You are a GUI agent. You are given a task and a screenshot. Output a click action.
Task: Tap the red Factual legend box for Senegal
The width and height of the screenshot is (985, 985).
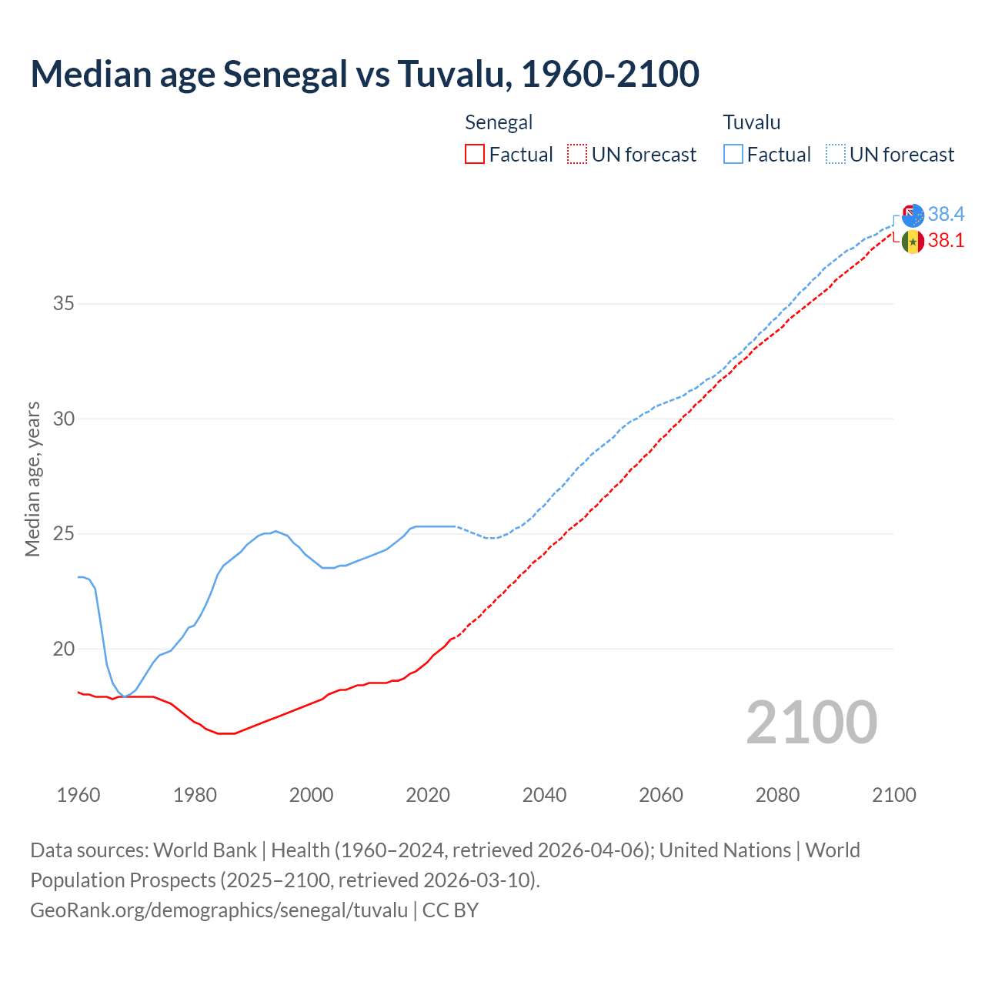pos(475,154)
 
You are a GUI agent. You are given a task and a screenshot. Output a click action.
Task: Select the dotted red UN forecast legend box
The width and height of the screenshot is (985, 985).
pos(577,154)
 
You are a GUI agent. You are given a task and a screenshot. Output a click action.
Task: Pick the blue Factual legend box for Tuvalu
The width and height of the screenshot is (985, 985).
pos(733,154)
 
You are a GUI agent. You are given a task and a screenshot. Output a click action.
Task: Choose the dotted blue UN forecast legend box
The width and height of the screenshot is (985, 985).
pos(835,154)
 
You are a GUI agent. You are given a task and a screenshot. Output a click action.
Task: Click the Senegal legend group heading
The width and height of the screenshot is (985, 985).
pos(499,122)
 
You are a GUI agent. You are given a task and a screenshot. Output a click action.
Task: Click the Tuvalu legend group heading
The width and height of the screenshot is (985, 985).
pos(752,122)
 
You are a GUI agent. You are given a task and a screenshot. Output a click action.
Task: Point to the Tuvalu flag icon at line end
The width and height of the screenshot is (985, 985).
pos(913,215)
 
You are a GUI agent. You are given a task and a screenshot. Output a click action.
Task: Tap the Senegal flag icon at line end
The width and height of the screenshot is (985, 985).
pos(913,242)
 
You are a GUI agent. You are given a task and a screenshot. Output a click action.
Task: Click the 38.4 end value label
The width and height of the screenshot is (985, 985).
pos(946,214)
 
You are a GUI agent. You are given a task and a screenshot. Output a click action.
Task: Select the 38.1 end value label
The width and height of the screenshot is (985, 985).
pos(946,241)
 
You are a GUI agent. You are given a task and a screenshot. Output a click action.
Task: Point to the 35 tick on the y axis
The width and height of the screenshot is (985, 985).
pos(64,303)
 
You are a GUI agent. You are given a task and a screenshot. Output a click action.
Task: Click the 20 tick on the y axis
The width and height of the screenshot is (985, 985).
pos(64,649)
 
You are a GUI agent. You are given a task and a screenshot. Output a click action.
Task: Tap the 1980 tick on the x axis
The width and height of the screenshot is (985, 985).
pos(195,795)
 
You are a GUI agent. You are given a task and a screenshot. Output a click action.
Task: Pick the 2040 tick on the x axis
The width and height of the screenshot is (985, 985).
pos(544,795)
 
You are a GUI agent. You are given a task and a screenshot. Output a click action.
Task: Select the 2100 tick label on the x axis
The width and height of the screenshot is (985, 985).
pos(893,795)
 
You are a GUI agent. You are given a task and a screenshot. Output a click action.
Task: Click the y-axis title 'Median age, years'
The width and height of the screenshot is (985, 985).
pos(32,479)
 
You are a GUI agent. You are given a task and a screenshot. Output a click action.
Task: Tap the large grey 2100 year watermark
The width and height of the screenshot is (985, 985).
pos(811,723)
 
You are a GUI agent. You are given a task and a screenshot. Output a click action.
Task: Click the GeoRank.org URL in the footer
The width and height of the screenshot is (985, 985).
pos(219,910)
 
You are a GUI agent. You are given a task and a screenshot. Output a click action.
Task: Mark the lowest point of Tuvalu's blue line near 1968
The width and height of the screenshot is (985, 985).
pos(125,696)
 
